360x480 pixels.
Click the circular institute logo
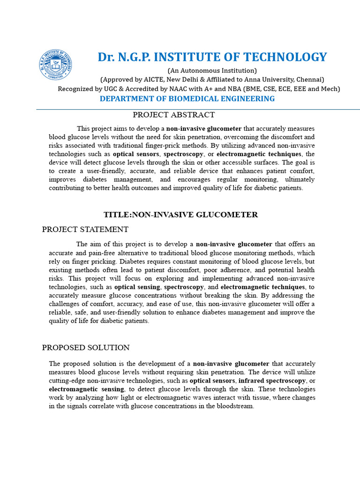55,65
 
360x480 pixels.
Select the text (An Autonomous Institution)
212,71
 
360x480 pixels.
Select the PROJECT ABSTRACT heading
173,115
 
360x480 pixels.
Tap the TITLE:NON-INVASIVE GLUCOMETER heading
180,215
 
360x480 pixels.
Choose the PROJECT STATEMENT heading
85,229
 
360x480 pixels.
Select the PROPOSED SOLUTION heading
86,348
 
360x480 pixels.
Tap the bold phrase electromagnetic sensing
86,389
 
